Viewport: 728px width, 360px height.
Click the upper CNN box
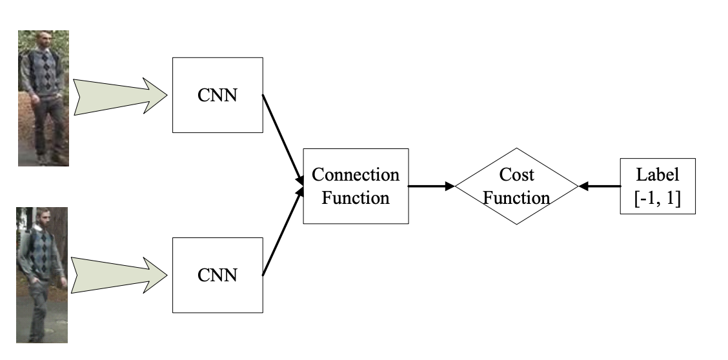tap(217, 95)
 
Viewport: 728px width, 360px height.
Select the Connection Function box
tap(355, 186)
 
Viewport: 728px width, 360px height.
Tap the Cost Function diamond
tap(516, 186)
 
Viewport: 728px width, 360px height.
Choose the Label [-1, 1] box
tap(657, 186)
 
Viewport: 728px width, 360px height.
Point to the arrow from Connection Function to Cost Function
tap(431, 186)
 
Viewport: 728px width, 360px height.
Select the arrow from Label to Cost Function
tap(599, 186)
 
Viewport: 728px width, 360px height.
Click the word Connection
tap(355, 175)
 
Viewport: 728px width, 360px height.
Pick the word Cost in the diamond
tap(516, 175)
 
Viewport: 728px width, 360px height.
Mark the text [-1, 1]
tap(657, 199)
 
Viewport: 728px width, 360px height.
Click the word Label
tap(657, 175)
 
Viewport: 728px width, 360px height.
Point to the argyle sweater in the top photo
tap(43, 71)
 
